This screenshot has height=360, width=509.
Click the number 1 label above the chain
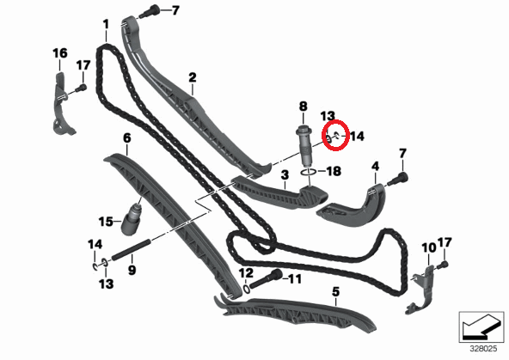[106, 24]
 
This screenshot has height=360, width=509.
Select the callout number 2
[193, 77]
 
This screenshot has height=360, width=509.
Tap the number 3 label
[285, 175]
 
